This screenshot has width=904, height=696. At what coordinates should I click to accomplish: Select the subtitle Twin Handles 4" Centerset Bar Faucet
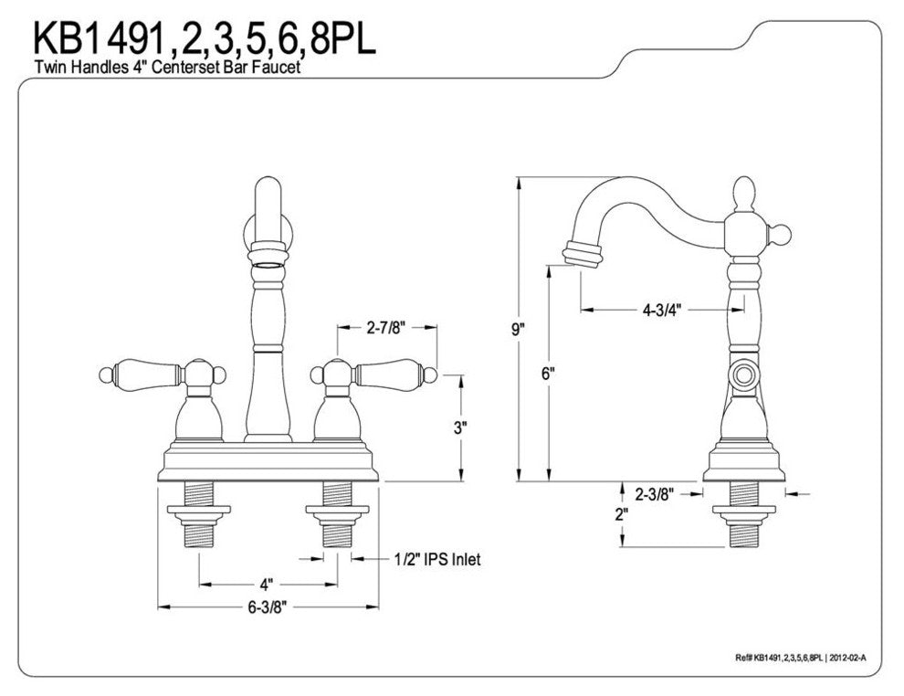point(169,67)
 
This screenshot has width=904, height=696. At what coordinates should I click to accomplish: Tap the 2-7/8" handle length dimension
point(386,326)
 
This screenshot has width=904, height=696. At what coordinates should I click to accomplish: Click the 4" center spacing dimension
point(266,583)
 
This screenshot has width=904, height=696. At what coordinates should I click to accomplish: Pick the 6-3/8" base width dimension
point(270,606)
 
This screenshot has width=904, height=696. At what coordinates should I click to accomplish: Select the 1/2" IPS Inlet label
point(436,559)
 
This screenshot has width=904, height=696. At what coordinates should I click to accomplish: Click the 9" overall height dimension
point(520,330)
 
